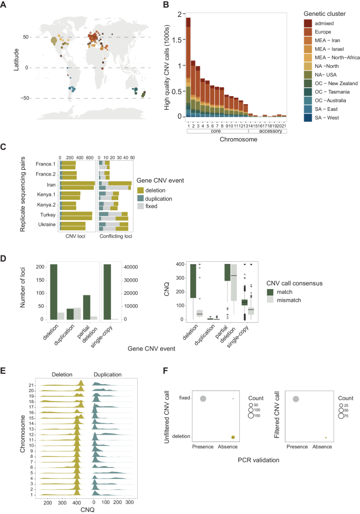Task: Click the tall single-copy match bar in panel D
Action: click(107, 292)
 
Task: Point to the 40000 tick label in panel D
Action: click(132, 268)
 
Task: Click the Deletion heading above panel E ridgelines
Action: click(65, 375)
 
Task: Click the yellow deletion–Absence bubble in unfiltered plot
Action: click(233, 437)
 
